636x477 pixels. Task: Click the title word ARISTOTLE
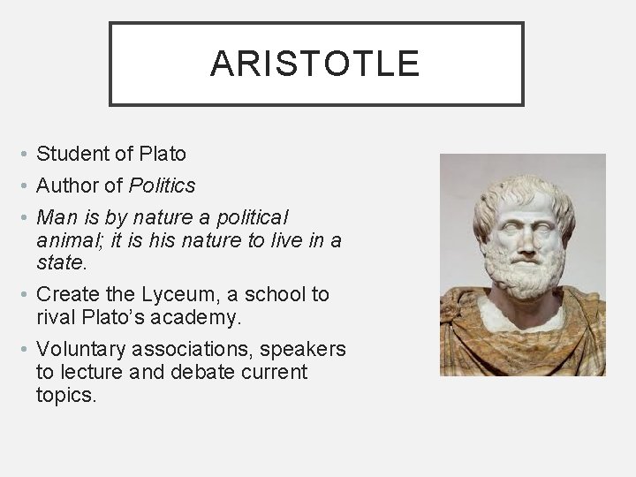point(315,64)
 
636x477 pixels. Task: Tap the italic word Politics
point(163,185)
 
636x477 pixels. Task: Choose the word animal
point(67,240)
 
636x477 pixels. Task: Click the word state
point(60,263)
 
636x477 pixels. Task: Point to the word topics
point(64,395)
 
